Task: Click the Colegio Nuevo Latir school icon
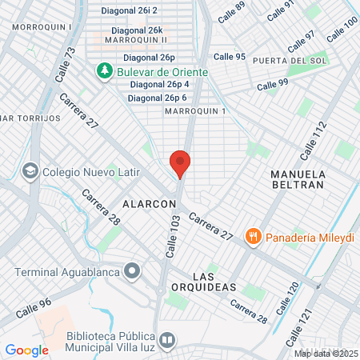click(x=30, y=171)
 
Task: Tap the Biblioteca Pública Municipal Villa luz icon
click(x=166, y=340)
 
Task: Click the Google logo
click(x=26, y=350)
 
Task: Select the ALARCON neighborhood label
click(x=150, y=204)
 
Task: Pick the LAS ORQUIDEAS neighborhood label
click(x=209, y=279)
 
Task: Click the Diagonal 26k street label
click(x=133, y=30)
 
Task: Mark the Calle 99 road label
click(x=272, y=85)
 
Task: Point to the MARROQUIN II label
click(x=135, y=39)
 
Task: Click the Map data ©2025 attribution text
click(x=326, y=353)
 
